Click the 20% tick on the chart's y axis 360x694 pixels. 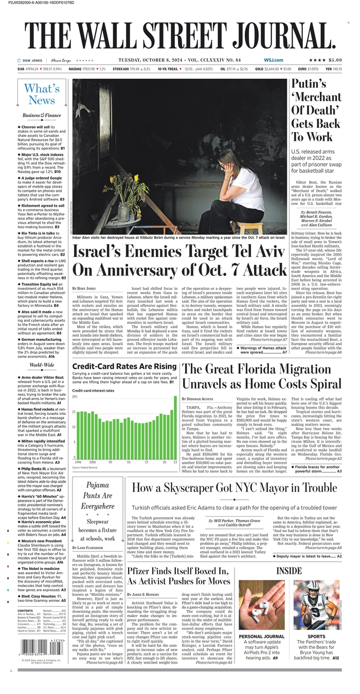tap(75, 397)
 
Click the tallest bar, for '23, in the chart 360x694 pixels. tap(175, 427)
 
